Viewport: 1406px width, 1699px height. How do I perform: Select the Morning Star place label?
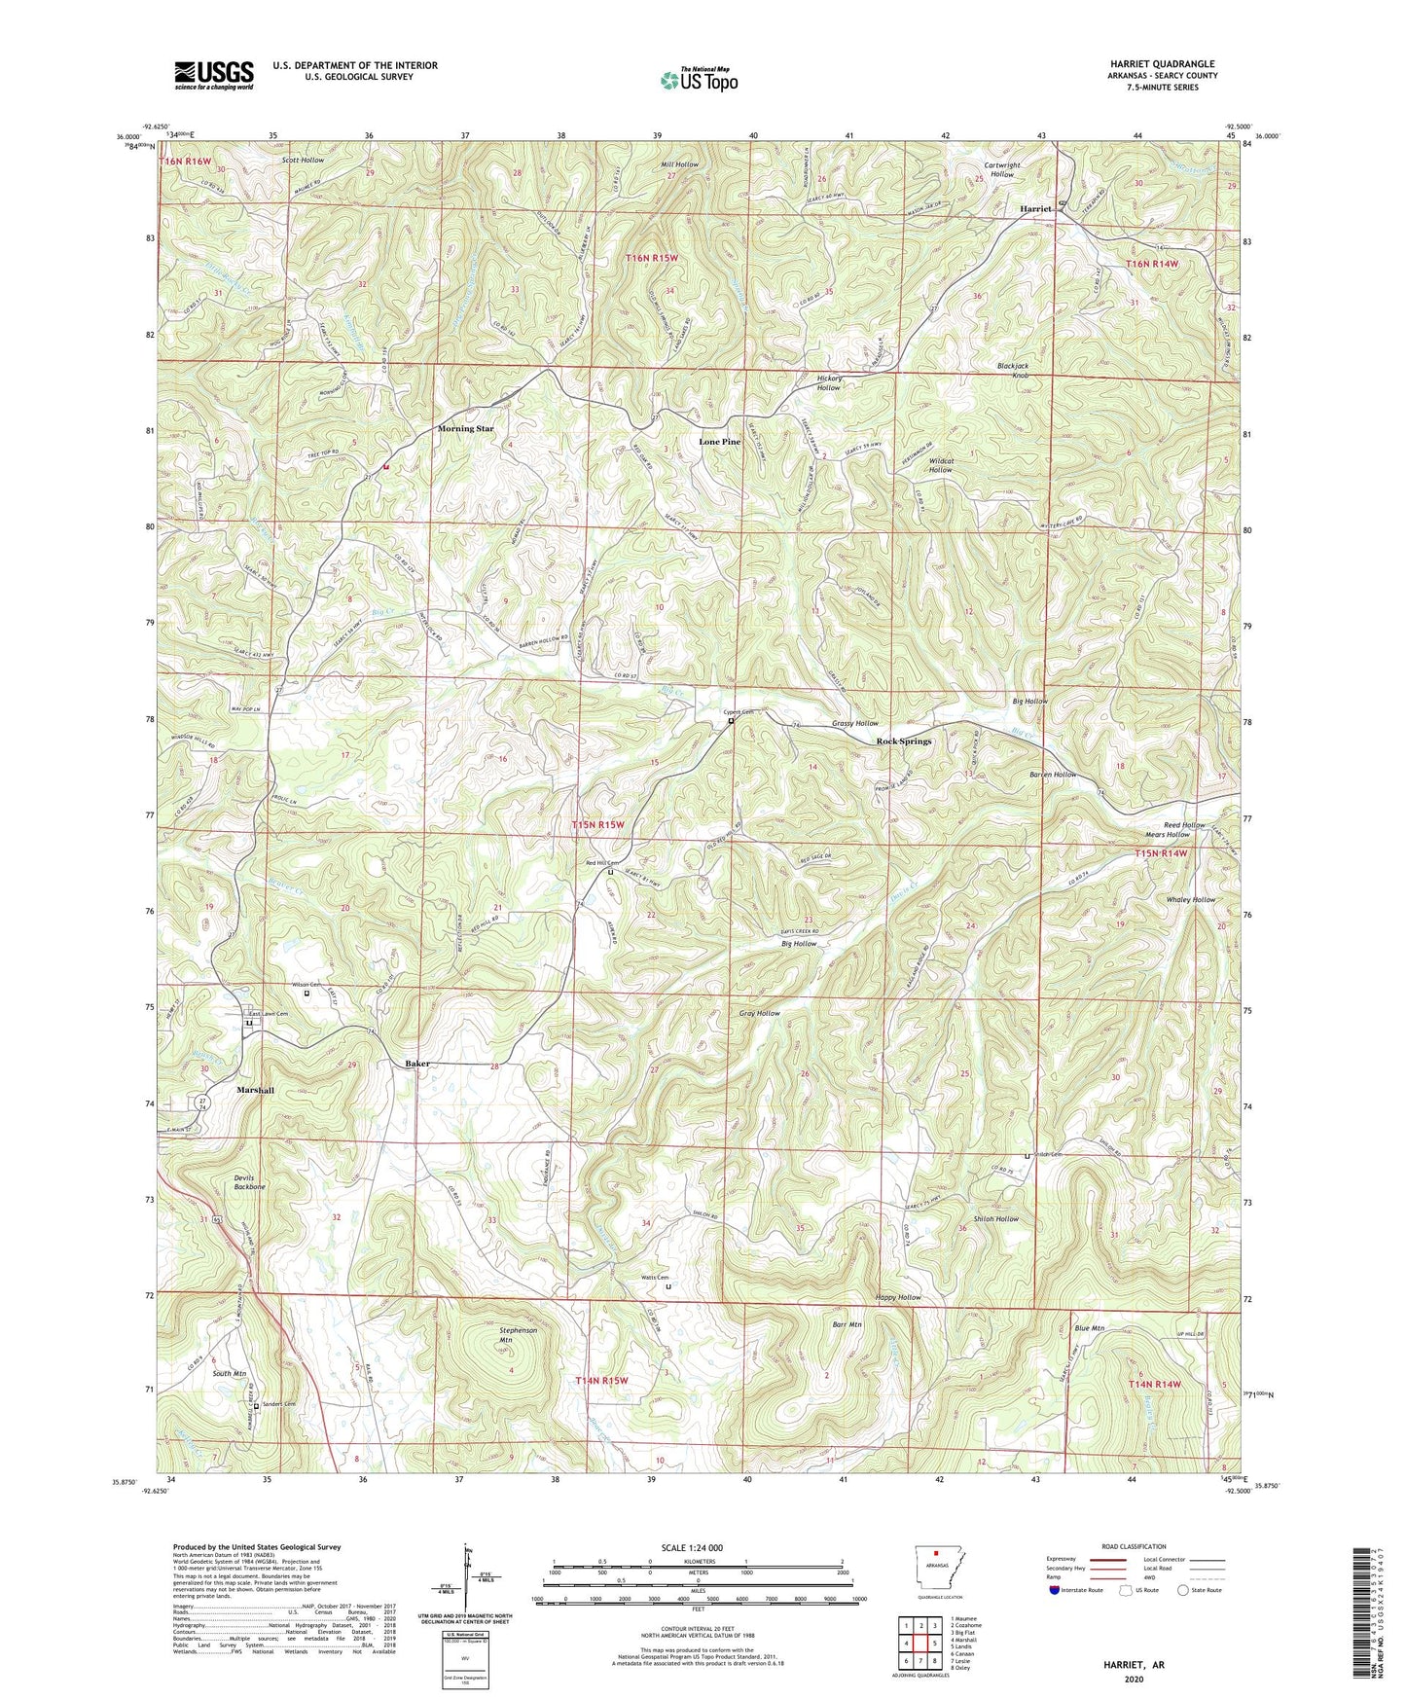click(465, 428)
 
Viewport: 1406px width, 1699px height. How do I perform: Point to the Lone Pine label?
click(719, 442)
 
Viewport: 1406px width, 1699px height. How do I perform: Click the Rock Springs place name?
click(903, 741)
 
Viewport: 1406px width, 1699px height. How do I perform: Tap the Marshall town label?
click(255, 1091)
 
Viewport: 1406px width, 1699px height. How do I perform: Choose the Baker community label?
click(417, 1065)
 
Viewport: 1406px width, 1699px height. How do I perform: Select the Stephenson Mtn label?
click(519, 1334)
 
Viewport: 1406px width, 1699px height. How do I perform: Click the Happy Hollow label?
click(897, 1298)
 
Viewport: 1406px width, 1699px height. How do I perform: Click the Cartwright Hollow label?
click(1001, 169)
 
